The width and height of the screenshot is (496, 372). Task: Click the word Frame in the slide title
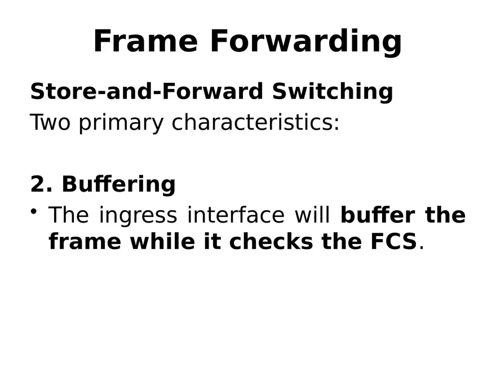pyautogui.click(x=145, y=41)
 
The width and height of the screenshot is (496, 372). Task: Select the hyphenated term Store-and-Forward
pyautogui.click(x=147, y=91)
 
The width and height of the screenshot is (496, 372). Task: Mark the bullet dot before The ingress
pyautogui.click(x=34, y=211)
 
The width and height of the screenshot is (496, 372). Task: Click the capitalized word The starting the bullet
pyautogui.click(x=69, y=215)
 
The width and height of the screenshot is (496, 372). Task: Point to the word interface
pyautogui.click(x=236, y=215)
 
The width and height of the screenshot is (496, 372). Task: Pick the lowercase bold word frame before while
pyautogui.click(x=85, y=241)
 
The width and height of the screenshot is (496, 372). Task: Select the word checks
pyautogui.click(x=270, y=241)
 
